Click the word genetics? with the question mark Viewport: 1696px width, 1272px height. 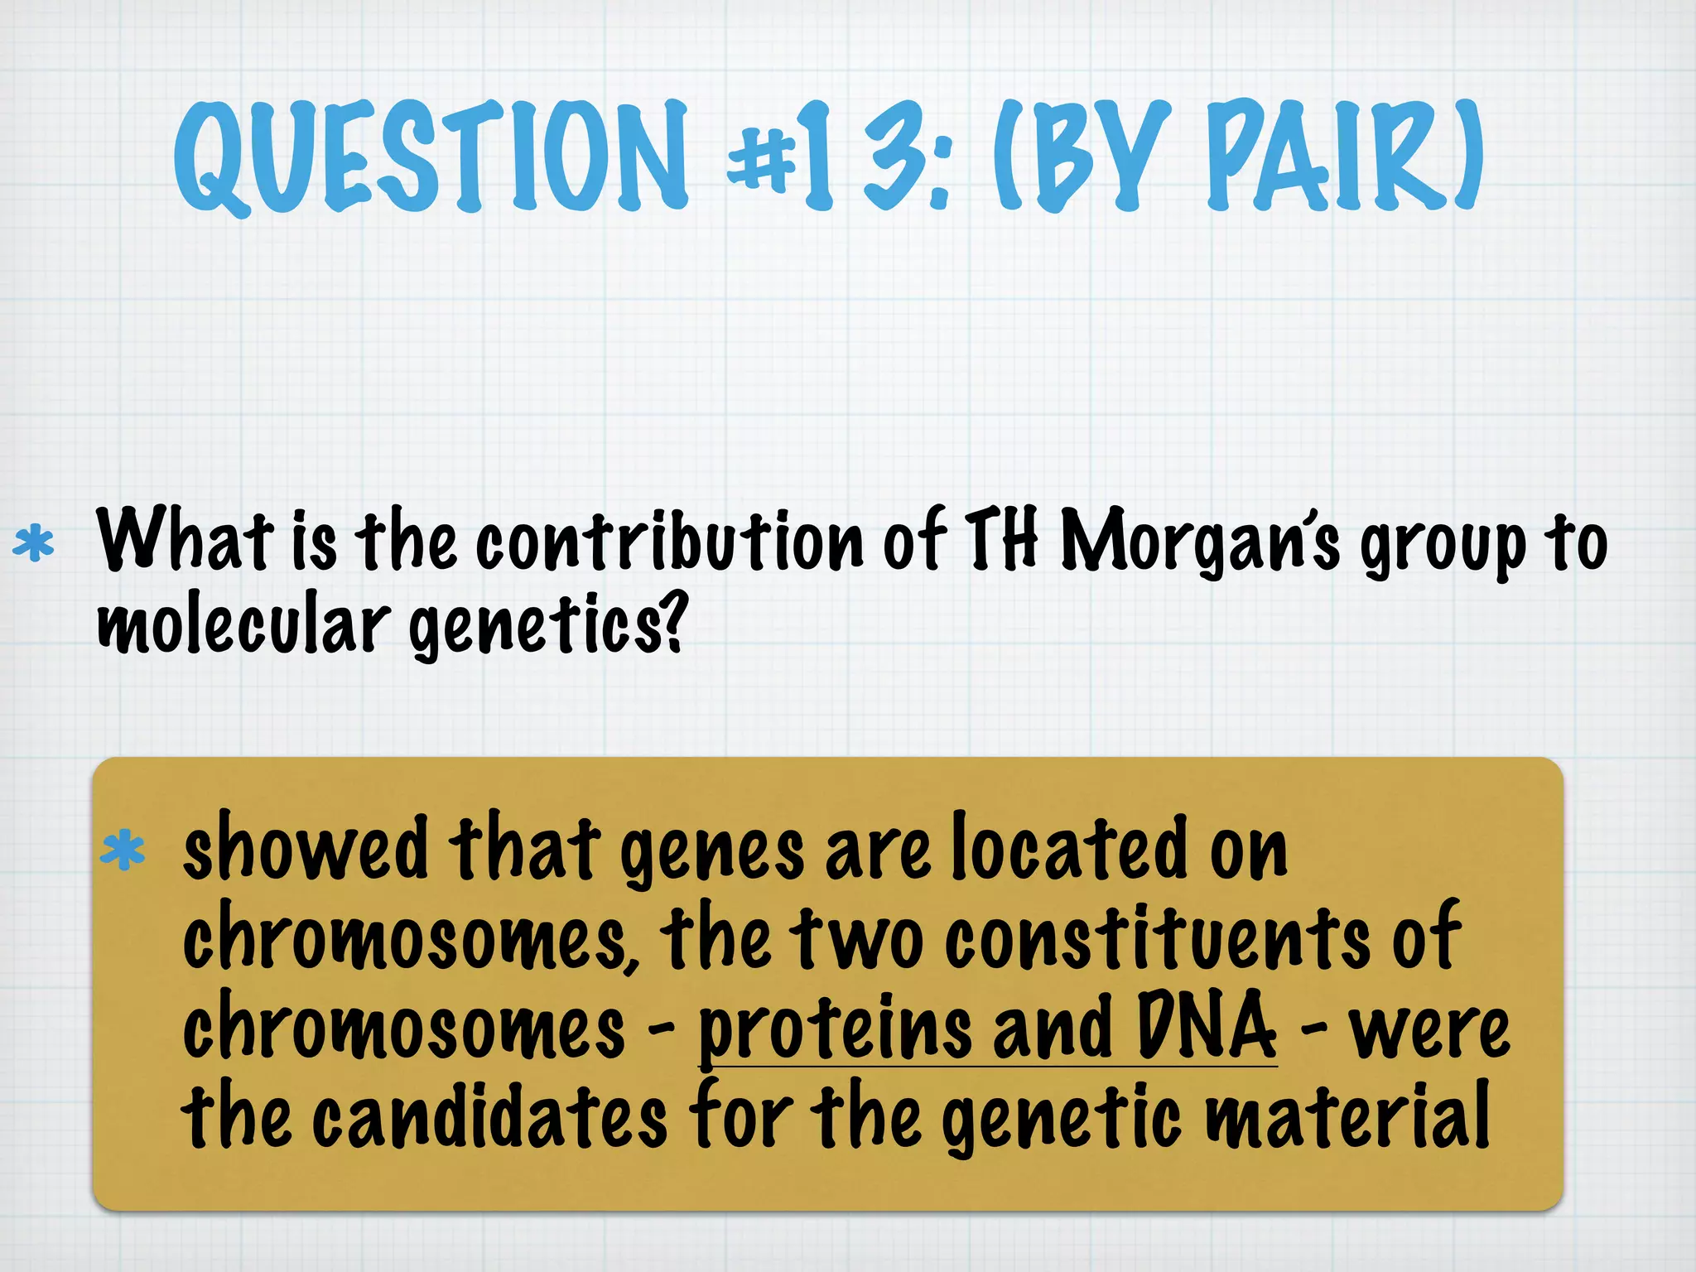[547, 626]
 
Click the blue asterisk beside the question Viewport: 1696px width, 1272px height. [34, 544]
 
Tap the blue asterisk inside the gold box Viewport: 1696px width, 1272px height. [123, 851]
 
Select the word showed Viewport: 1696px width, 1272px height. [305, 848]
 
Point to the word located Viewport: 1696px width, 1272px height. [1069, 848]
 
